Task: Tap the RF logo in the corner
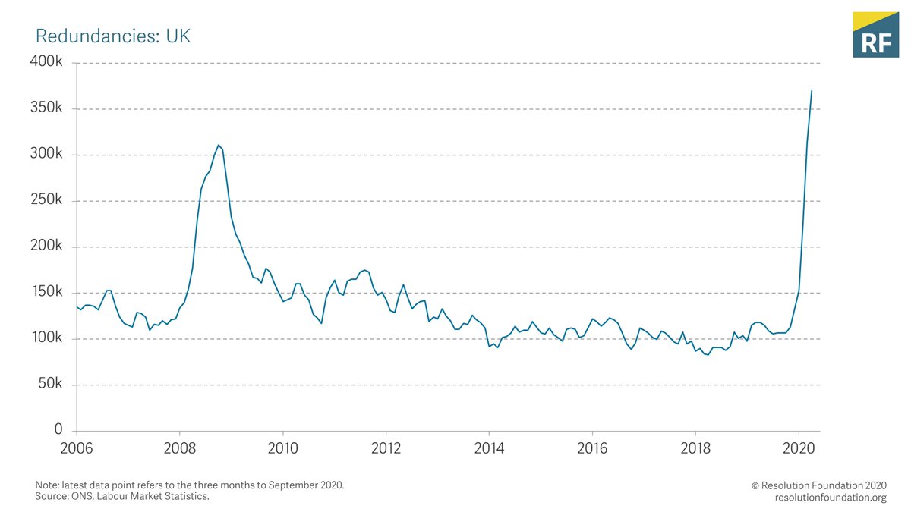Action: pyautogui.click(x=875, y=35)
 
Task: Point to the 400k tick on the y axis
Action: pyautogui.click(x=47, y=62)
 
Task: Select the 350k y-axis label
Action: pyautogui.click(x=47, y=108)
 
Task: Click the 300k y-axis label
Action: pyautogui.click(x=47, y=155)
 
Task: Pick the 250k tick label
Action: pyautogui.click(x=47, y=201)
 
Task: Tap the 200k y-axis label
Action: pyautogui.click(x=47, y=247)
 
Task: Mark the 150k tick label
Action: pyautogui.click(x=47, y=293)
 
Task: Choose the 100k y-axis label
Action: pyautogui.click(x=47, y=338)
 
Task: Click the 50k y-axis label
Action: pyautogui.click(x=50, y=385)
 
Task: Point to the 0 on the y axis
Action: pyautogui.click(x=58, y=430)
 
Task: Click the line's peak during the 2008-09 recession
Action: pyautogui.click(x=218, y=145)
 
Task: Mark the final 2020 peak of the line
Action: pyautogui.click(x=812, y=91)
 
